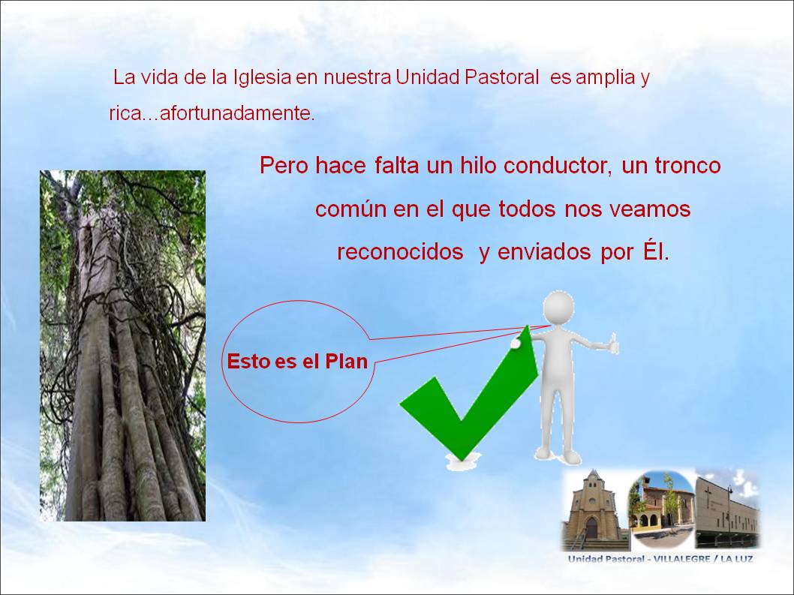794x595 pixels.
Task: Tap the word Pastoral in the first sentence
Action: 502,77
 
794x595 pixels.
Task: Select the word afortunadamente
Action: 237,113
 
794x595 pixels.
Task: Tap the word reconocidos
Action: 400,252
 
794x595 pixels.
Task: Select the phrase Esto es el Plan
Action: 297,362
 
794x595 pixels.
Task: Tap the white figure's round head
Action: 558,308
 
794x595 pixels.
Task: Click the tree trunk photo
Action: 122,346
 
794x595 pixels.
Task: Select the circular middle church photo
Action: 661,509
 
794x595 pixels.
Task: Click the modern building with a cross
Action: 727,509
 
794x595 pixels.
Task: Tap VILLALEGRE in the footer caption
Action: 681,559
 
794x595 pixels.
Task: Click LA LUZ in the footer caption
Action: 736,559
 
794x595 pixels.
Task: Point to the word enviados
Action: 544,252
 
